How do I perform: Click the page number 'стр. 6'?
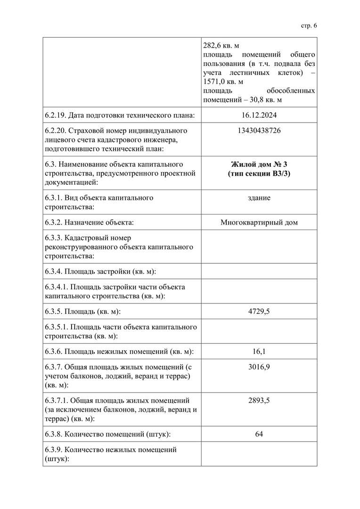pyautogui.click(x=309, y=25)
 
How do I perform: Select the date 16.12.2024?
pyautogui.click(x=259, y=115)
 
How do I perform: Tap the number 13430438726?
pyautogui.click(x=259, y=131)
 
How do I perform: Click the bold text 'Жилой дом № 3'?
pyautogui.click(x=259, y=164)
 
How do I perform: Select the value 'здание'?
pyautogui.click(x=259, y=197)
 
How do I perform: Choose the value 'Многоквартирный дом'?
pyautogui.click(x=259, y=222)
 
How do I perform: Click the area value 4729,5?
pyautogui.click(x=259, y=311)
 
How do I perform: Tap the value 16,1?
pyautogui.click(x=259, y=351)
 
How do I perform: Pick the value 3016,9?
pyautogui.click(x=259, y=367)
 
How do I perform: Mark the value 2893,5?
pyautogui.click(x=259, y=401)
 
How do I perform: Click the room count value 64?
pyautogui.click(x=259, y=434)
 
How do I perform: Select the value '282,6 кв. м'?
pyautogui.click(x=221, y=46)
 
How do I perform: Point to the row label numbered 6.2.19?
pyautogui.click(x=120, y=115)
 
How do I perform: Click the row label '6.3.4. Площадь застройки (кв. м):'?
pyautogui.click(x=100, y=271)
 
